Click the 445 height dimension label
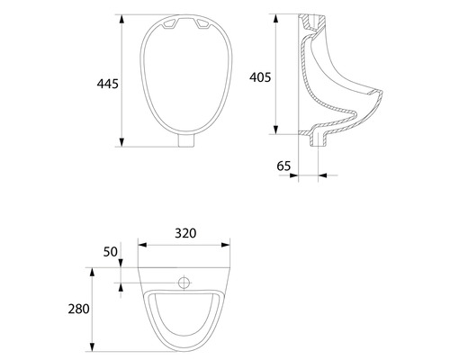tap(107, 84)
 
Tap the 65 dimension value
tap(283, 166)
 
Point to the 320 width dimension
tap(184, 232)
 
